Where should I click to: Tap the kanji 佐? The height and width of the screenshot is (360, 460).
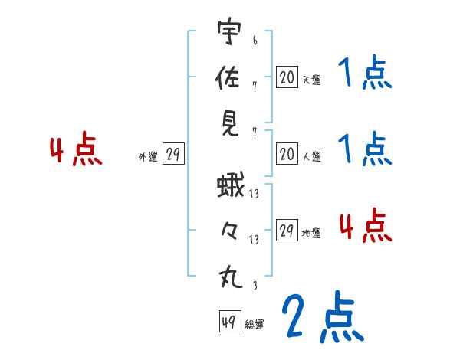point(229,79)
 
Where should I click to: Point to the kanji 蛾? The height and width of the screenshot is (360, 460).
point(229,185)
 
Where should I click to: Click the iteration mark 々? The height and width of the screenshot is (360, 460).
point(229,230)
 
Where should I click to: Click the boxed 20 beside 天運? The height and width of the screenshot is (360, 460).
point(287,77)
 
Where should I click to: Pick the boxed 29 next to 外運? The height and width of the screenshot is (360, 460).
point(173,155)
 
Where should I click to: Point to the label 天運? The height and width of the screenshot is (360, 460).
point(311,80)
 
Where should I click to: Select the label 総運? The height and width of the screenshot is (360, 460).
point(255,324)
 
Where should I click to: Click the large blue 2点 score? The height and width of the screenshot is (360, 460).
point(322,317)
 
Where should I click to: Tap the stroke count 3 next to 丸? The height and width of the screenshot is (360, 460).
point(253,286)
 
